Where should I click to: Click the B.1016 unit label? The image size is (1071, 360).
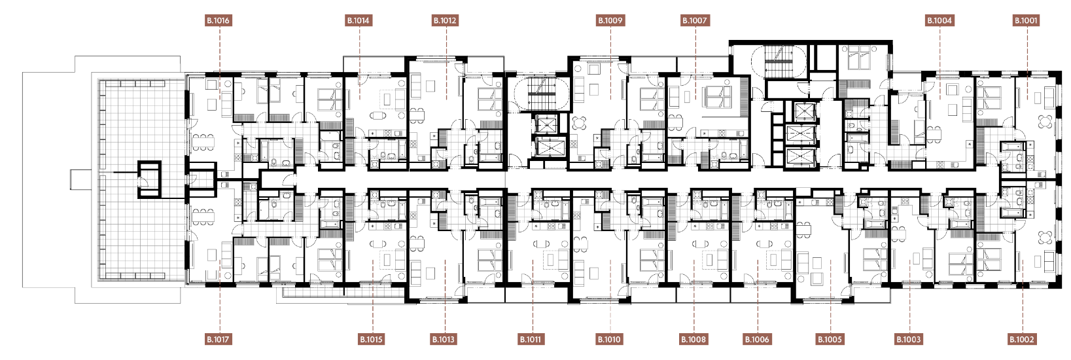point(218,20)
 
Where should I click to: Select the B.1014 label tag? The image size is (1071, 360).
point(358,20)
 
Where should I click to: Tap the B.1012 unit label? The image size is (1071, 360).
point(445,20)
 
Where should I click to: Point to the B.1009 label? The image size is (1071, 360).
point(610,20)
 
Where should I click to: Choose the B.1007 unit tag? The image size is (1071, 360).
point(694,20)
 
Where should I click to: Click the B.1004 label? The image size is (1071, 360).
point(939,20)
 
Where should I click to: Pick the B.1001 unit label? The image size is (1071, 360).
point(1026,20)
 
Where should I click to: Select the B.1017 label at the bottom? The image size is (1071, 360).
point(218,340)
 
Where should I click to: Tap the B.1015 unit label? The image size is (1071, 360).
point(371,340)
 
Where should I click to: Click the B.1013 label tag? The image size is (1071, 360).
point(444,340)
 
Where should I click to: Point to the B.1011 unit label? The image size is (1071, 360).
point(531,340)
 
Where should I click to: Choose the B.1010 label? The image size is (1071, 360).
point(609,340)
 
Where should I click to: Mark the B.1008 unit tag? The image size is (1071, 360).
point(694,340)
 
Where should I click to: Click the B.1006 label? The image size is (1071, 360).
point(758,340)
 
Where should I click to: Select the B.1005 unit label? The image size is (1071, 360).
point(830,340)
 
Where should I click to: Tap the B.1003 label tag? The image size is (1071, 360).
point(909,340)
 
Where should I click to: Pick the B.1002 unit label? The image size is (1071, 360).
point(1022,340)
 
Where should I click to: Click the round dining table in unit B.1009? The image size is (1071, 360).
point(580,123)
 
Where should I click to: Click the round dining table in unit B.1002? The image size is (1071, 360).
point(1045,238)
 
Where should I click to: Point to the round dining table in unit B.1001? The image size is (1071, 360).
point(1045,122)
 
